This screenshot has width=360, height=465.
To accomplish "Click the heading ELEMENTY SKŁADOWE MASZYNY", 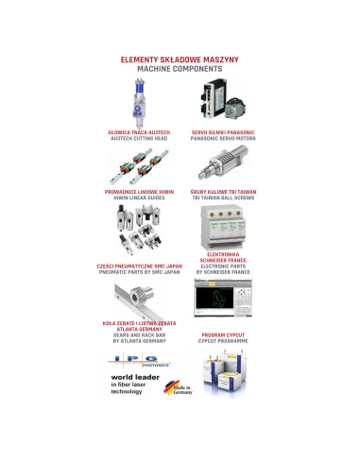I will [180, 60].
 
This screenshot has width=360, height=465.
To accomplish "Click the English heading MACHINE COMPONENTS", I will [180, 70].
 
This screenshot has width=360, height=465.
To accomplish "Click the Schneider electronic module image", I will [224, 228].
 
